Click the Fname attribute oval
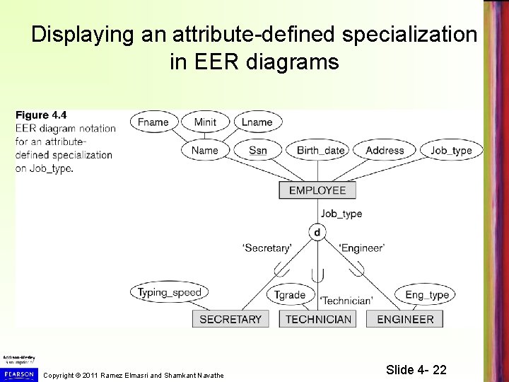click(x=153, y=122)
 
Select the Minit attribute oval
click(x=205, y=122)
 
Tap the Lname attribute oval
click(x=257, y=122)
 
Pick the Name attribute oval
click(x=205, y=150)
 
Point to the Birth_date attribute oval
click(x=320, y=150)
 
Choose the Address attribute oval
click(x=385, y=150)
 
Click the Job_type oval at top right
click(x=451, y=150)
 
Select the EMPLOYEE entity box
click(x=317, y=190)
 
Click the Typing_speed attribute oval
click(x=170, y=292)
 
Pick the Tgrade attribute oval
click(x=289, y=295)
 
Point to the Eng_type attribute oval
click(x=427, y=295)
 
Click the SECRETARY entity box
click(x=230, y=319)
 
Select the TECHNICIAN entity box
click(x=318, y=319)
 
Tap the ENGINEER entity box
click(x=405, y=319)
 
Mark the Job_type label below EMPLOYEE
click(x=341, y=213)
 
